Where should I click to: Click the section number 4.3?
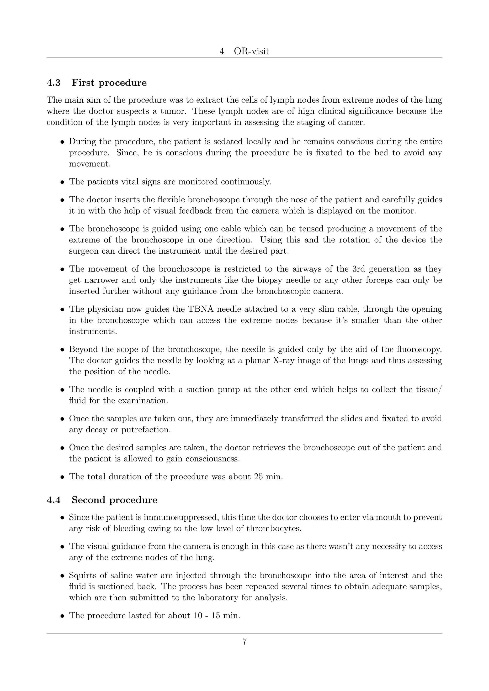tap(53, 83)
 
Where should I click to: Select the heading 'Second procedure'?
tap(114, 500)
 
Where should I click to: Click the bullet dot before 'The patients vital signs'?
tap(62, 182)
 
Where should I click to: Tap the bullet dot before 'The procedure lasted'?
tap(62, 616)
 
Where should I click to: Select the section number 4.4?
tap(53, 500)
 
